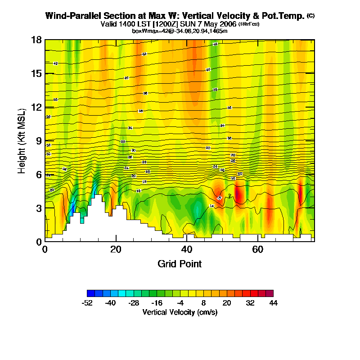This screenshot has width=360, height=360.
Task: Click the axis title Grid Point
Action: [x=180, y=264]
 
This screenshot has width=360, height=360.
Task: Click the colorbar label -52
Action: [x=87, y=303]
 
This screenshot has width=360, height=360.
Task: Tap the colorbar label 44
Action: [x=273, y=303]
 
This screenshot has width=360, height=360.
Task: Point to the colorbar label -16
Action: [x=157, y=303]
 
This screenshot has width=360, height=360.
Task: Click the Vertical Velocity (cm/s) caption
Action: [x=180, y=312]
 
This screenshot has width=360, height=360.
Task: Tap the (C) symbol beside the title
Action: [x=310, y=16]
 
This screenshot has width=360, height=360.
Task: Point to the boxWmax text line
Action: [x=180, y=31]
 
